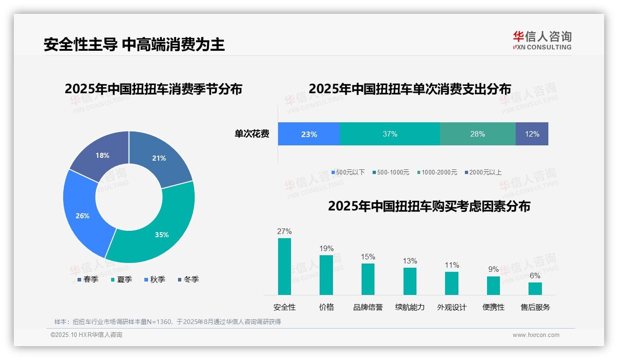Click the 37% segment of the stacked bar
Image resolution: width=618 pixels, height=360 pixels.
(x=390, y=134)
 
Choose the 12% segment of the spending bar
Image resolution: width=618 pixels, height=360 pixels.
(x=532, y=134)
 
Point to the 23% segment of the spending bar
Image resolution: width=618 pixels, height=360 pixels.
(x=309, y=134)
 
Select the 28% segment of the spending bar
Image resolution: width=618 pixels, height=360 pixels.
(x=477, y=134)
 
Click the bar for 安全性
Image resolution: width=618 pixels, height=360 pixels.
(x=285, y=266)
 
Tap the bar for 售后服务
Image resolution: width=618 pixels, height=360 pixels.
(x=535, y=288)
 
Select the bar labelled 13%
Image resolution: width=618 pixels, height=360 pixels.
(x=410, y=281)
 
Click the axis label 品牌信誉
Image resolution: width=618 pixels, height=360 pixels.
(x=368, y=307)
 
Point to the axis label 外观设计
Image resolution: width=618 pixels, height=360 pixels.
(x=452, y=307)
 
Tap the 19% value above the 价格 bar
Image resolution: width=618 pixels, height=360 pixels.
(x=327, y=249)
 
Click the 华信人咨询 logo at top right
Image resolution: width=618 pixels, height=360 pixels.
(x=542, y=40)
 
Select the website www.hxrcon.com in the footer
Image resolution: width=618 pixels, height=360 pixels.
(x=536, y=335)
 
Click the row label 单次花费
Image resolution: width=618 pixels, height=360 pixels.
(x=252, y=134)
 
